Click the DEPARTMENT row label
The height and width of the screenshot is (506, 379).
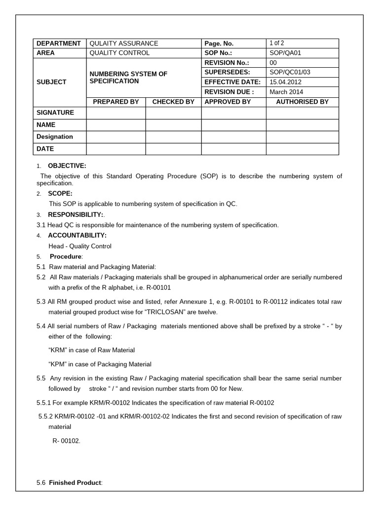58,43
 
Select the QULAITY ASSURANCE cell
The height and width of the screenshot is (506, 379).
123,43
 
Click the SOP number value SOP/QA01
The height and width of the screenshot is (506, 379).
284,53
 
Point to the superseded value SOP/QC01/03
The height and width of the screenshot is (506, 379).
290,72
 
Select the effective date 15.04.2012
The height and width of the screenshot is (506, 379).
285,82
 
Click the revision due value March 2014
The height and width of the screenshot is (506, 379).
286,92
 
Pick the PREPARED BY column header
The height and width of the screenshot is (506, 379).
116,102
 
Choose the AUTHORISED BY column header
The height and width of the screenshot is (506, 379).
302,102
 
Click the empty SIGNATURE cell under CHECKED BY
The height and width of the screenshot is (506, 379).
173,113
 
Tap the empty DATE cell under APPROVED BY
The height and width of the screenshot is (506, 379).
233,149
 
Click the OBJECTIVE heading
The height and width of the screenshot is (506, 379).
67,166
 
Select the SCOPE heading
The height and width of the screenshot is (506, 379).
60,193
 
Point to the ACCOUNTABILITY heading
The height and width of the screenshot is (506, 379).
77,235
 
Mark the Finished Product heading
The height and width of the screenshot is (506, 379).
75,482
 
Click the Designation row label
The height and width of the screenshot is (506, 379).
55,137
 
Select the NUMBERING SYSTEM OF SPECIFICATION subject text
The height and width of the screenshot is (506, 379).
128,77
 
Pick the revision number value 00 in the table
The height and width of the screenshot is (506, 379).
273,63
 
